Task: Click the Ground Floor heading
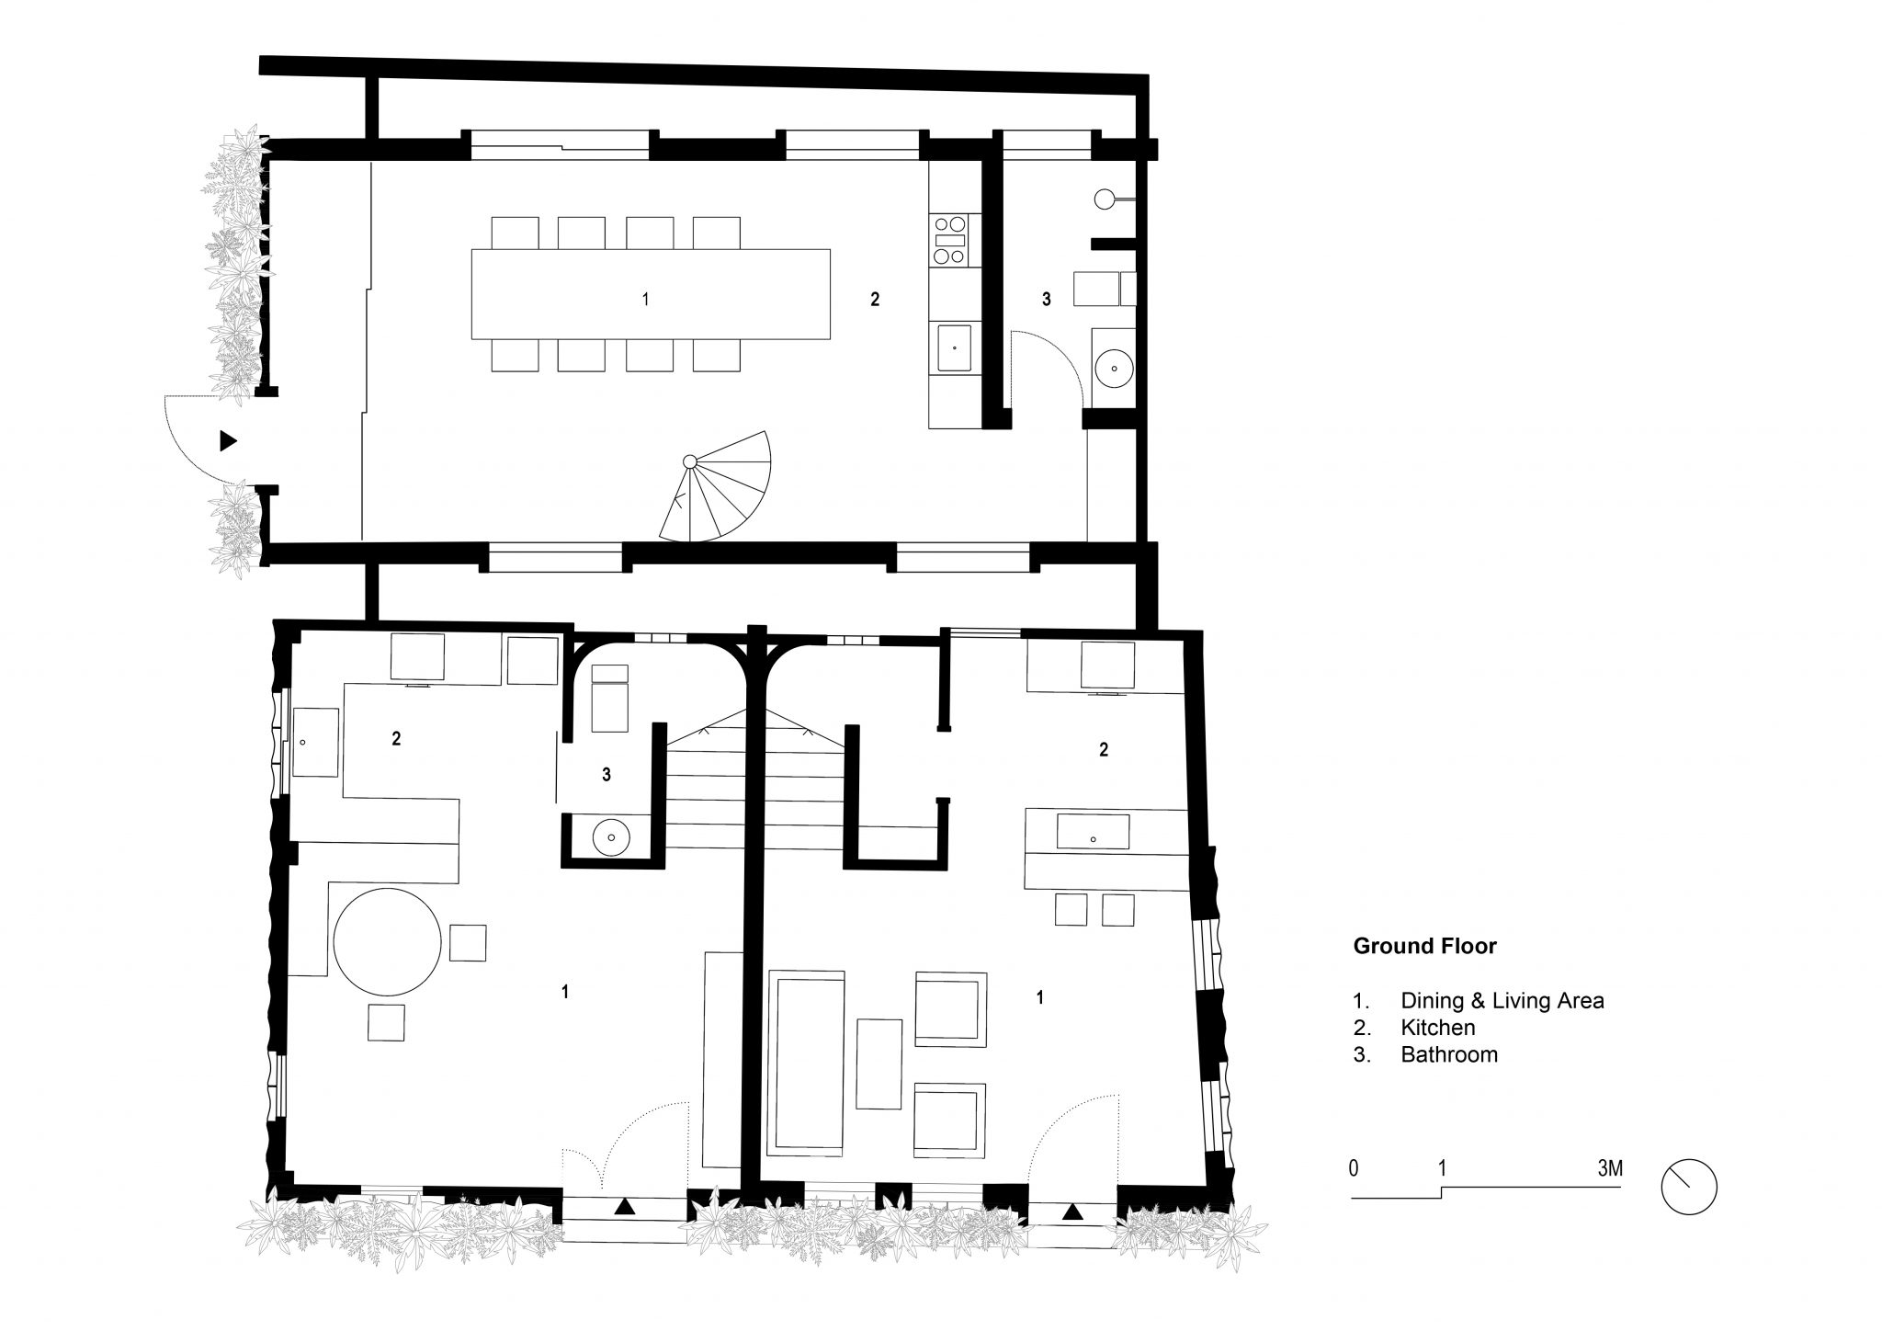click(1424, 946)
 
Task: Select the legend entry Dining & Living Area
click(1502, 1001)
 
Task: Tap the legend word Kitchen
click(1437, 1028)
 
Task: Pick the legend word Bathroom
click(1448, 1054)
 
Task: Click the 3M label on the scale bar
click(1609, 1168)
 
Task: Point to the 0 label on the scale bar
click(1354, 1168)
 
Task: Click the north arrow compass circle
click(1689, 1187)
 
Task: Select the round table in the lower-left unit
click(386, 940)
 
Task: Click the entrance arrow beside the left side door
click(228, 441)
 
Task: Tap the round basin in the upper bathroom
click(1114, 368)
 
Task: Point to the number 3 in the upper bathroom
click(1046, 299)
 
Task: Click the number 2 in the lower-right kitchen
click(1104, 750)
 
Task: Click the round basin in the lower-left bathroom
click(609, 837)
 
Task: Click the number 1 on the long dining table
click(645, 299)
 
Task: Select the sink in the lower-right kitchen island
click(1093, 831)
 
